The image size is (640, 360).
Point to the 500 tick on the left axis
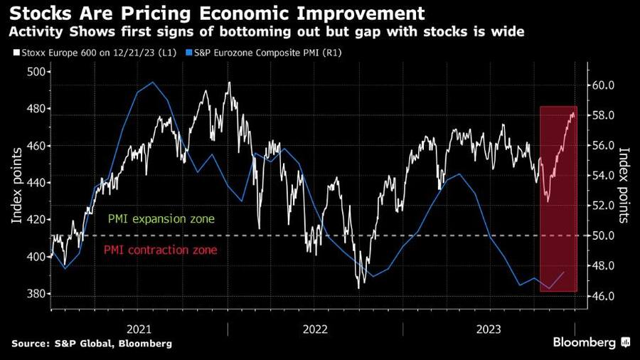coord(36,72)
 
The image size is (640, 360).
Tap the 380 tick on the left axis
coord(36,294)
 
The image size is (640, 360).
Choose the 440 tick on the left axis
coord(36,183)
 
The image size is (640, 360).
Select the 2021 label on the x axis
coord(139,329)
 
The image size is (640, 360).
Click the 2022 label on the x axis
coord(315,329)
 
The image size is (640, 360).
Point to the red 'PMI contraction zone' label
coord(161,250)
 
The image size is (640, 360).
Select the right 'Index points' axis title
coord(624,183)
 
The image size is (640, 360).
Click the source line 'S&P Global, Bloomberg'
coord(92,344)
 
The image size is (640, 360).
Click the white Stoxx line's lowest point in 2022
coord(360,287)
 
